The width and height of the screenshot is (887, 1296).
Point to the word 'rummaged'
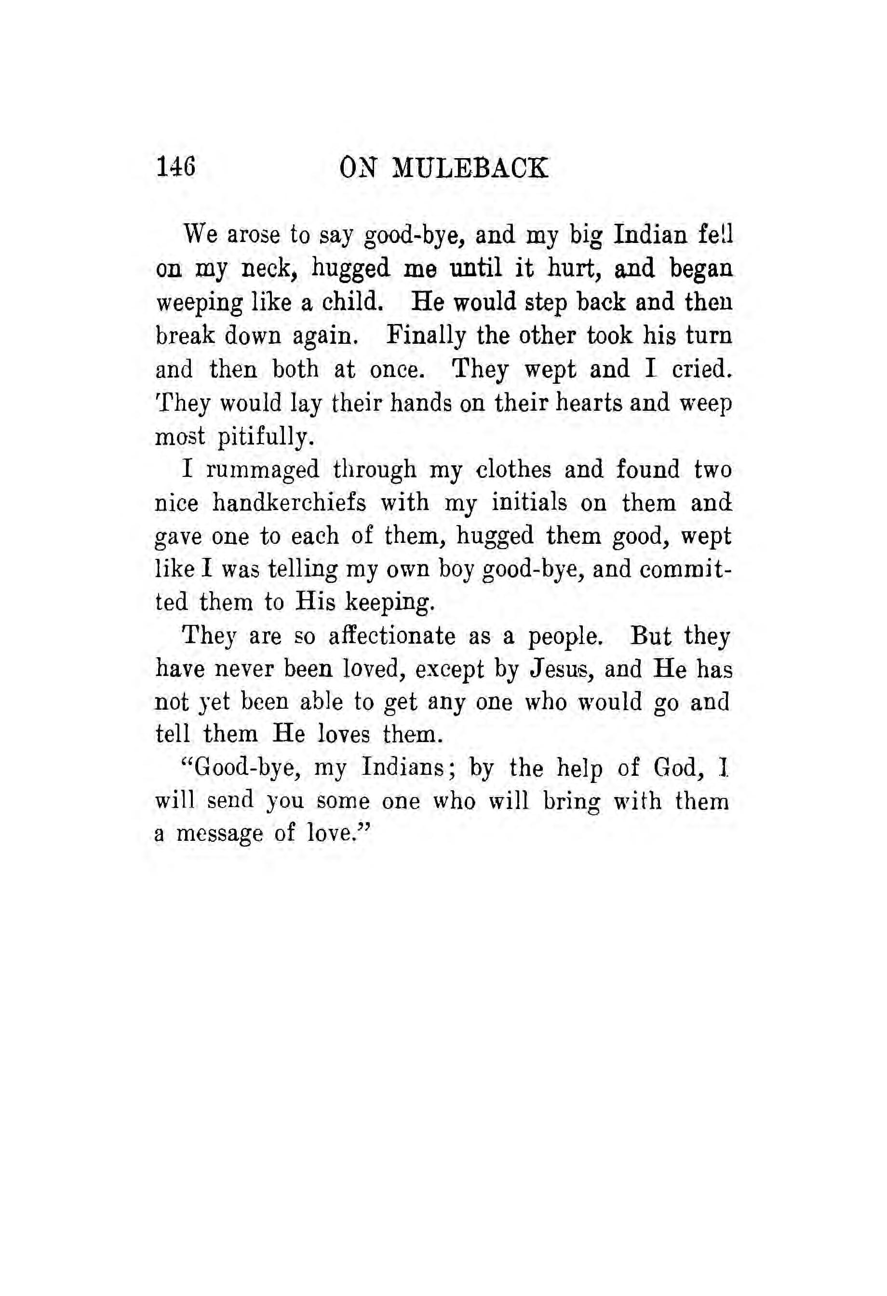click(263, 470)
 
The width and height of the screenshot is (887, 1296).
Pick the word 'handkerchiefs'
click(289, 503)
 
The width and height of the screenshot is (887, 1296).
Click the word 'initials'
click(529, 503)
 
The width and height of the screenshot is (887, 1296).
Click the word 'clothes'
click(513, 470)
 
